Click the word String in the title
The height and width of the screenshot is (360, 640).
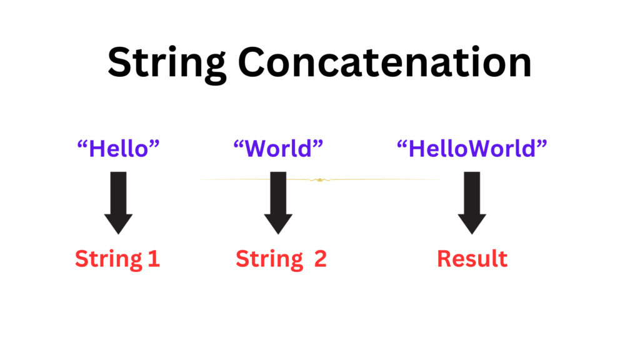(166, 64)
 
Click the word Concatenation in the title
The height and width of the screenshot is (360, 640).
(385, 62)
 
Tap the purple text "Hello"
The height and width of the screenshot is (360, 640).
(118, 148)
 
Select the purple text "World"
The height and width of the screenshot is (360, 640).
(278, 148)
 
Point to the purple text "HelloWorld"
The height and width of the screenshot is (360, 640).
(472, 148)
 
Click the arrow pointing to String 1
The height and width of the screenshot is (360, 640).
(118, 203)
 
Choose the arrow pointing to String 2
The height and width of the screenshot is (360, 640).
(278, 203)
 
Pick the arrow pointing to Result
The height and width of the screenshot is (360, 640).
(472, 203)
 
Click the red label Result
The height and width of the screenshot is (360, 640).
(472, 259)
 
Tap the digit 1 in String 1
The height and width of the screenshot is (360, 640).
(154, 259)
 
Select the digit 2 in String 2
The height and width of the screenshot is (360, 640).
(321, 259)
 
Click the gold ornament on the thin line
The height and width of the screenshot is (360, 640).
(320, 179)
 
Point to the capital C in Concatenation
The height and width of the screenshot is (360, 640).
(253, 62)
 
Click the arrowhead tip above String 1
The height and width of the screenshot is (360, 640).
(118, 234)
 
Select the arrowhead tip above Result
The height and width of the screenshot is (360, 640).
(472, 234)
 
